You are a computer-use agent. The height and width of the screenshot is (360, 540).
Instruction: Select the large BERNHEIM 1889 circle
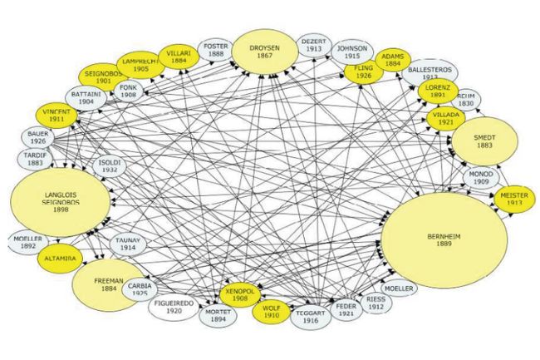(x=444, y=241)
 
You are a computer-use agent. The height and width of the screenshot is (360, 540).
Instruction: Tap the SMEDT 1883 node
(x=484, y=141)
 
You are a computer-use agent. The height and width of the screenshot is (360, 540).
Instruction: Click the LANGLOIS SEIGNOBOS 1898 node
(x=60, y=201)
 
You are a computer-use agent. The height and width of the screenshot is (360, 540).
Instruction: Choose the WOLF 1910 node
(x=271, y=313)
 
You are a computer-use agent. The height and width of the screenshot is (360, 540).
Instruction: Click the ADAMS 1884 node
(x=392, y=59)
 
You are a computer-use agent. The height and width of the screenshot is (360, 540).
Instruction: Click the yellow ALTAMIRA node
(x=61, y=259)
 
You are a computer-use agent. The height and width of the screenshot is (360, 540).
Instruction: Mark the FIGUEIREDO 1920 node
(x=174, y=308)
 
